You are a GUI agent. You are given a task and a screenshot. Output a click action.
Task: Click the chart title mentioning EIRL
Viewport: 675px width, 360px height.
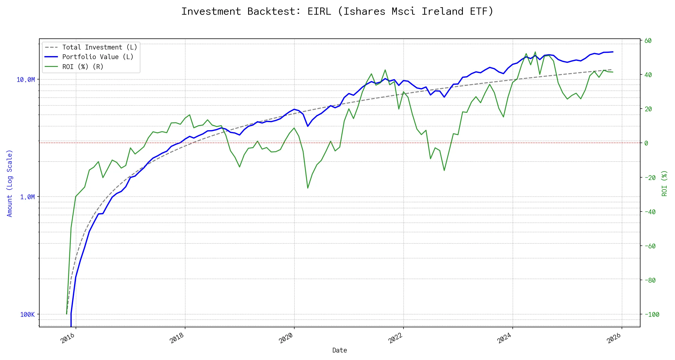tap(337, 11)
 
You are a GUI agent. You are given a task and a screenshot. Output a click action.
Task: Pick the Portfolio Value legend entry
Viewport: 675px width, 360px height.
tap(98, 57)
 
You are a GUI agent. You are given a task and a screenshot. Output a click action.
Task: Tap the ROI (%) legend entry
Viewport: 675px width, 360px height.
tap(83, 67)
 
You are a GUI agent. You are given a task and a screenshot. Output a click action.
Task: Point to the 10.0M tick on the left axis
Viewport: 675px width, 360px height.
tap(25, 79)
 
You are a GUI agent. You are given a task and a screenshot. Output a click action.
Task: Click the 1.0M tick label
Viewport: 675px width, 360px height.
tap(27, 197)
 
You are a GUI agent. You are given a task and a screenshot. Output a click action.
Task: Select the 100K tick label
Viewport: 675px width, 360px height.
tap(27, 314)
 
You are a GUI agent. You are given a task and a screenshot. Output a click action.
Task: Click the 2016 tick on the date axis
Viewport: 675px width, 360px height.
tap(68, 338)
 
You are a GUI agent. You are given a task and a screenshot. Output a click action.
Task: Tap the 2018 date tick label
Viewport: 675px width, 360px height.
tap(177, 338)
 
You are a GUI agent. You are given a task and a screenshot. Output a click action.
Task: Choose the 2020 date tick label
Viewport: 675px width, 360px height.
tap(286, 338)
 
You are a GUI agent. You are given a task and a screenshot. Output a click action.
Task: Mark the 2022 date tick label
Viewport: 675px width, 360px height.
tap(395, 338)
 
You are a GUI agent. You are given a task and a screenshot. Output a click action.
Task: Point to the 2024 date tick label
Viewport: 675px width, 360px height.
tap(505, 338)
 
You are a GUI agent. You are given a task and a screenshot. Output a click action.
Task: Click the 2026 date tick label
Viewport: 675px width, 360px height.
tap(614, 338)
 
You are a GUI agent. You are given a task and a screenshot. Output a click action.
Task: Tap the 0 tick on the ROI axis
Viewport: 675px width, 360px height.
tap(646, 143)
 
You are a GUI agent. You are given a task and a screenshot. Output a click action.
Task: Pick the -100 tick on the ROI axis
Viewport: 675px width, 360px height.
tap(652, 314)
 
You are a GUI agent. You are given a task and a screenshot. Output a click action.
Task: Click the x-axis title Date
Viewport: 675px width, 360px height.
tap(340, 350)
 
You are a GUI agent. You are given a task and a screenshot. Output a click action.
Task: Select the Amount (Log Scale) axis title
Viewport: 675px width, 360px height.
tap(10, 183)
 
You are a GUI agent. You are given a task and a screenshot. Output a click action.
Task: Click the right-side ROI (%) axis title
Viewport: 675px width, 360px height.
tap(664, 183)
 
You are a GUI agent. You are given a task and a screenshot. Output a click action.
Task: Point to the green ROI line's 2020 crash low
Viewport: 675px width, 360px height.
tap(308, 188)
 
